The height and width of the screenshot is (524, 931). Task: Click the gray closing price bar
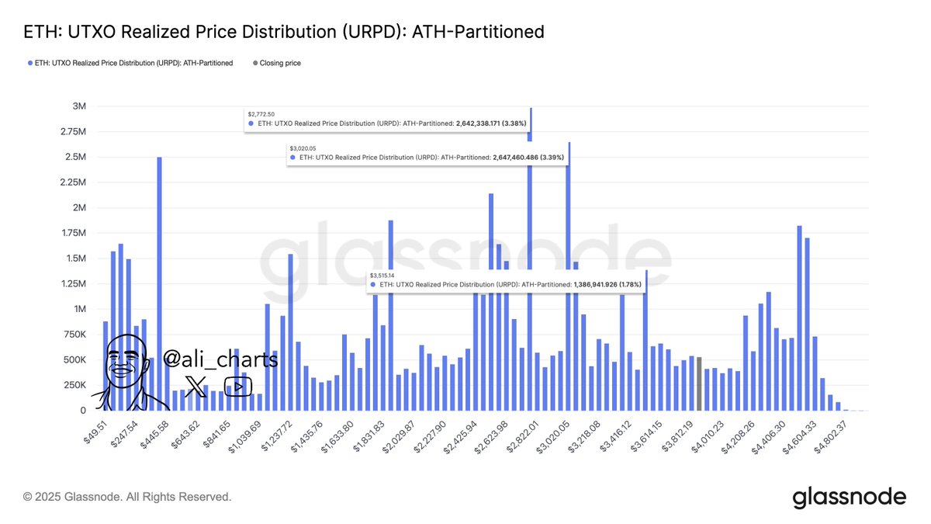coord(699,383)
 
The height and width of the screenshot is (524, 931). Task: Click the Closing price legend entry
coord(280,63)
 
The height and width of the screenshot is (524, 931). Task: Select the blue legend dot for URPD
coord(29,63)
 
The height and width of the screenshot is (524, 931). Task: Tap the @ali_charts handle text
coord(220,359)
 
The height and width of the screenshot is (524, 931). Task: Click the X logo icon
coord(197,386)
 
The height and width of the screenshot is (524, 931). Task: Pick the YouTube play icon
coord(237,386)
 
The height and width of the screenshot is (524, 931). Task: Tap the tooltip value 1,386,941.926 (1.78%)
coord(610,286)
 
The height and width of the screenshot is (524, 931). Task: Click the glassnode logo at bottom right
coord(849,497)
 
